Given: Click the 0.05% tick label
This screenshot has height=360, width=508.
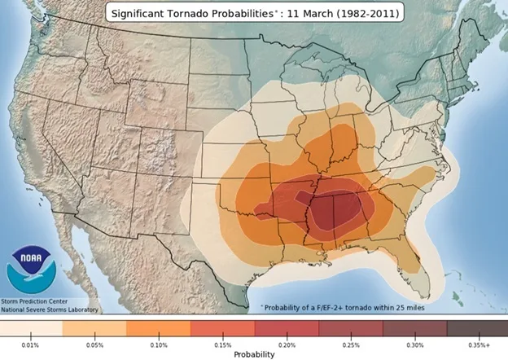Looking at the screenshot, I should point(94,345).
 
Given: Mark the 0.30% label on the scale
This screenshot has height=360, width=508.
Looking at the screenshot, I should point(414,345).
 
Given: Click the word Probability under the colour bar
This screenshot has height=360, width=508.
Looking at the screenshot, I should point(254,354).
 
